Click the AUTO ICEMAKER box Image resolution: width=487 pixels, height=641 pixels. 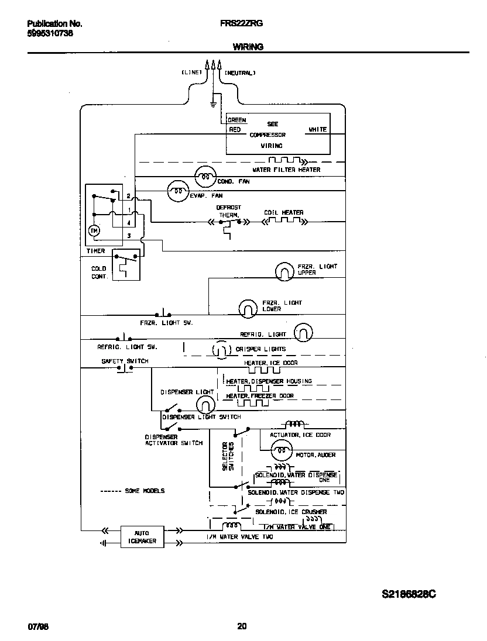coord(142,537)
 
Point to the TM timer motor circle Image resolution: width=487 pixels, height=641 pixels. coord(94,231)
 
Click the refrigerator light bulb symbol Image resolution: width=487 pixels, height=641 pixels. coord(303,333)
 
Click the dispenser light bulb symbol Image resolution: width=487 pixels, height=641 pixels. coord(205,404)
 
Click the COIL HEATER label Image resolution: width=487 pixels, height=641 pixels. coord(283,213)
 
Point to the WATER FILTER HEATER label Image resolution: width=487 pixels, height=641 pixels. coord(286,170)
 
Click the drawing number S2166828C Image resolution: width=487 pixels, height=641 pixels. coord(409,594)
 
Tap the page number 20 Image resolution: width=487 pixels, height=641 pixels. coord(242,626)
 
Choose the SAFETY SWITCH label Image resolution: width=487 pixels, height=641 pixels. coord(125,361)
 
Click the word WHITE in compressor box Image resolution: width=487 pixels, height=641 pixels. coord(318,129)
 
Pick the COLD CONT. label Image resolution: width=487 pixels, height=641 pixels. coord(99,273)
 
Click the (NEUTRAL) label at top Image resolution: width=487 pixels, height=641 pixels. coord(240,73)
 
